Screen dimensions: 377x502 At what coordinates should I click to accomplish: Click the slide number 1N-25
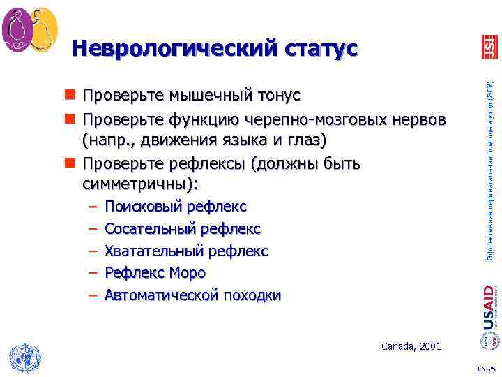click(x=486, y=369)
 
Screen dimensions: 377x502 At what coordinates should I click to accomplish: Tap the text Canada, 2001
click(x=411, y=346)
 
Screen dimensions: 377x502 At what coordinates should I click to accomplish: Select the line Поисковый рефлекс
click(x=175, y=207)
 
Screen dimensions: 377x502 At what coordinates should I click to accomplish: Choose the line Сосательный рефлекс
click(x=182, y=229)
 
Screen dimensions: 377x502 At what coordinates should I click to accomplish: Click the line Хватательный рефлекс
click(x=185, y=251)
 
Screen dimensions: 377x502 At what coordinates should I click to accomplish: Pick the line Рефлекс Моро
click(x=155, y=273)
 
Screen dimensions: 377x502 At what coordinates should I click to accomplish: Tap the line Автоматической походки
click(x=192, y=295)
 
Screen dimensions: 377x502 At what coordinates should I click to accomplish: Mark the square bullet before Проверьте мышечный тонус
click(x=70, y=95)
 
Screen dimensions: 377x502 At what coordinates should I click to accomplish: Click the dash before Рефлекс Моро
click(x=93, y=273)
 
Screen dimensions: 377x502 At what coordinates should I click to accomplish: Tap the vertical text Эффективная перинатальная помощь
click(x=490, y=168)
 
